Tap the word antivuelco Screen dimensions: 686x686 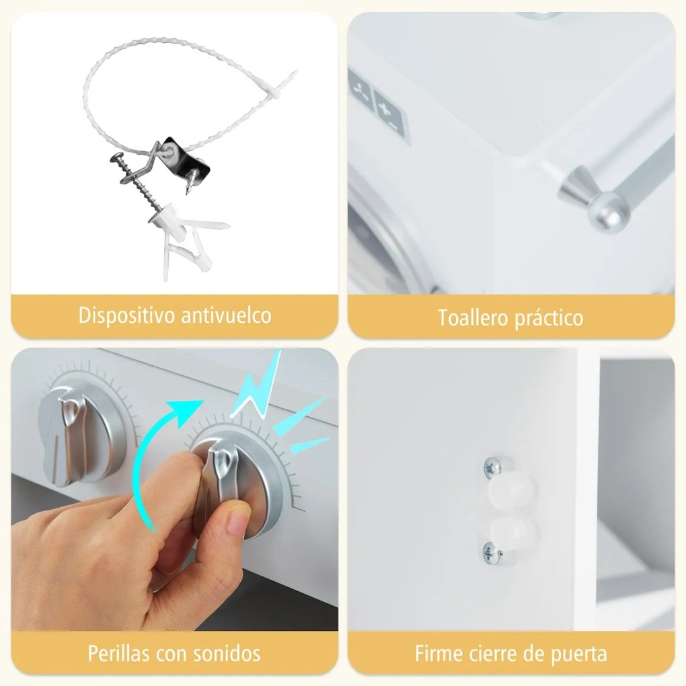click(226, 315)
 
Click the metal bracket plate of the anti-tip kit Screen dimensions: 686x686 click(186, 156)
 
